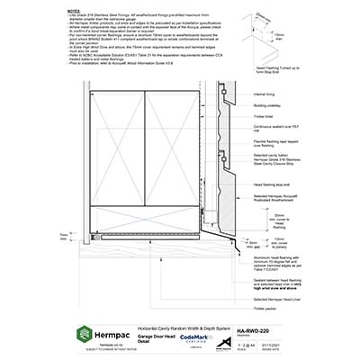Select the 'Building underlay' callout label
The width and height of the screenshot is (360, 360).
click(x=271, y=106)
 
